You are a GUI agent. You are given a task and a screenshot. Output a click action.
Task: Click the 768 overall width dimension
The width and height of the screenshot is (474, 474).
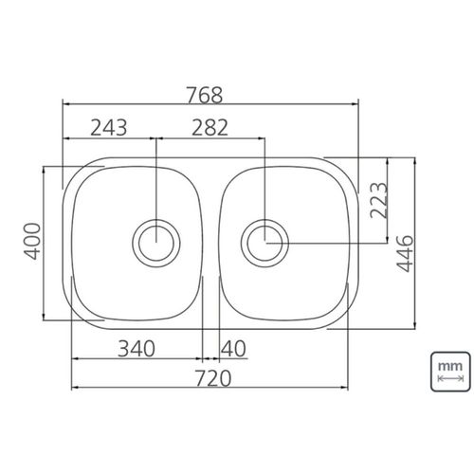205,95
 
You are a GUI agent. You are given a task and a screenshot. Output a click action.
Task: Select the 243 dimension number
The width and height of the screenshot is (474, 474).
109,127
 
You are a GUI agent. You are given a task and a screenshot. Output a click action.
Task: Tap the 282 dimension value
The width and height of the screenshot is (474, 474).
210,127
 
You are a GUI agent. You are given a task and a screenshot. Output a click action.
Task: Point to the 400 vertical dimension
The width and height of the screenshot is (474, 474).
33,241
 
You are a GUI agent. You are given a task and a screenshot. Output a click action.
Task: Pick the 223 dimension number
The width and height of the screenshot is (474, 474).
378,200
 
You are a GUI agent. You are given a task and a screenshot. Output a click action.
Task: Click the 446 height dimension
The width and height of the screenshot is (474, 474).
405,254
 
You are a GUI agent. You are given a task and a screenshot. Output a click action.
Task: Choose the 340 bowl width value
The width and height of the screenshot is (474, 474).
137,349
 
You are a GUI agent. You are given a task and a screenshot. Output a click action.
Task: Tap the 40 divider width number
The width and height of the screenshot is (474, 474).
233,349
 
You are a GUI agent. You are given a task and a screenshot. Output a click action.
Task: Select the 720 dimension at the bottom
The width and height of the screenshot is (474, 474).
213,378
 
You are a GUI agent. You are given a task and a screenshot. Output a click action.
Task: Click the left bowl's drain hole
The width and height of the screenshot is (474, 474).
156,244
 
